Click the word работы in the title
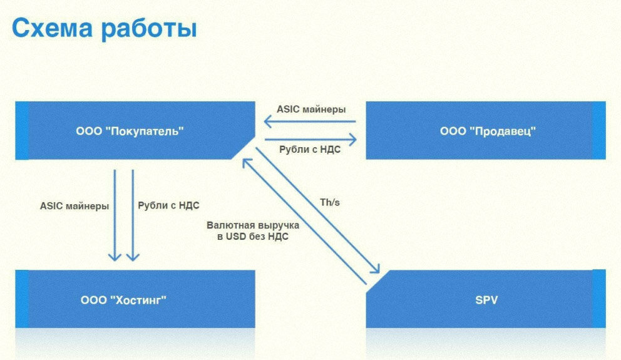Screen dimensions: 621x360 click(x=146, y=30)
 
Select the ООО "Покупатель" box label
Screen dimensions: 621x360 click(x=130, y=131)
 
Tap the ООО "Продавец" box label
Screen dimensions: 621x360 click(x=488, y=131)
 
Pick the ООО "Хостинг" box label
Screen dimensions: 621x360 click(x=124, y=300)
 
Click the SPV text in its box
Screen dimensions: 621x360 click(x=486, y=300)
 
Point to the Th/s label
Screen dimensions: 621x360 click(x=330, y=203)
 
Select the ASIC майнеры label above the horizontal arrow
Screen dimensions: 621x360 click(x=310, y=109)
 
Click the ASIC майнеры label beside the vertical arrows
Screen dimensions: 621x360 click(x=74, y=205)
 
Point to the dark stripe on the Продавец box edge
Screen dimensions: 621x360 click(x=599, y=130)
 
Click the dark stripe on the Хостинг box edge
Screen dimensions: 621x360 click(x=22, y=299)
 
